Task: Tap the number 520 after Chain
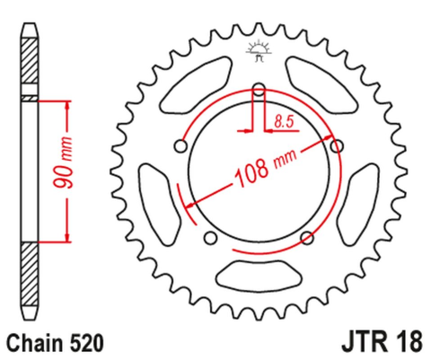(x=87, y=342)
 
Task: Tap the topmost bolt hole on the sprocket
(x=259, y=88)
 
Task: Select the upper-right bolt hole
(x=338, y=145)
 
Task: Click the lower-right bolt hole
(x=307, y=237)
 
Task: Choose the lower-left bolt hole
(x=210, y=237)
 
